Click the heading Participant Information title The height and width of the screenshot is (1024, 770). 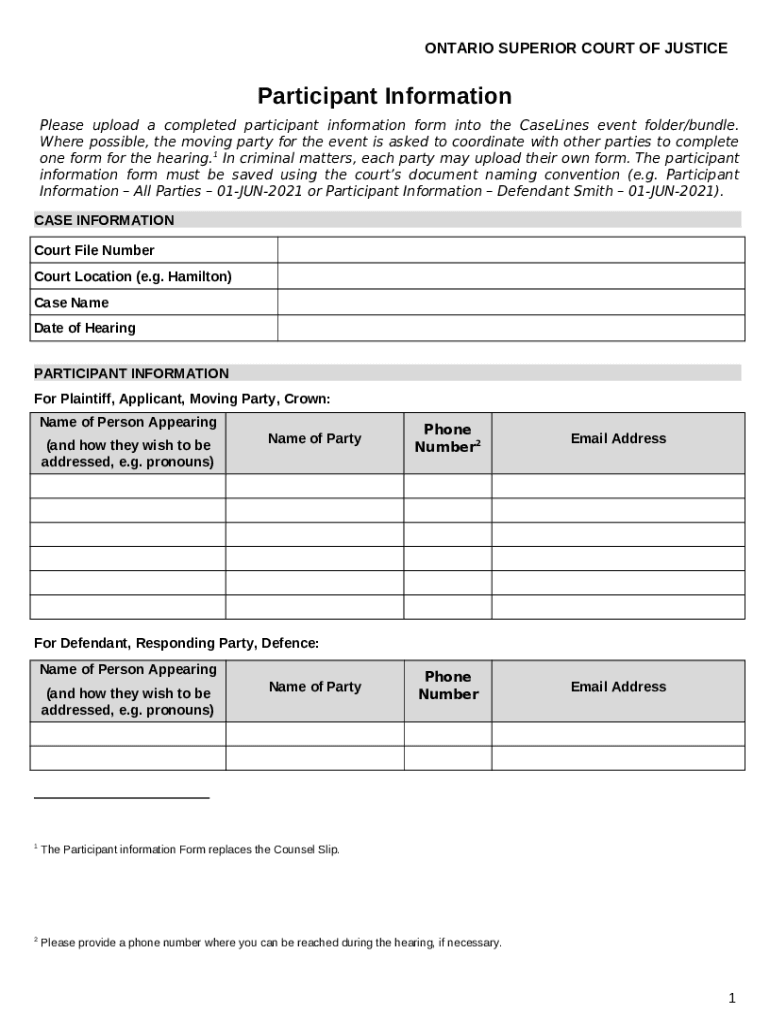384,96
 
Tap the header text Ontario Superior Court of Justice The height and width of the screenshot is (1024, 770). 576,48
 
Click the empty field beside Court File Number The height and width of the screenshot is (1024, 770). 510,250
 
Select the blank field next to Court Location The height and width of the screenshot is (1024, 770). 510,276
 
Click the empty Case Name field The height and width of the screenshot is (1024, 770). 510,302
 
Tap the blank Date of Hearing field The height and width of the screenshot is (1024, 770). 510,328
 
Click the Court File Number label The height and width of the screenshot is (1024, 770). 94,250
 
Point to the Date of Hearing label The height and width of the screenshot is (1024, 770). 85,328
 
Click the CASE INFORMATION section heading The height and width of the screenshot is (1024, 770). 104,220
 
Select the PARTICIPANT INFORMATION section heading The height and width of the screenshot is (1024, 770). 131,373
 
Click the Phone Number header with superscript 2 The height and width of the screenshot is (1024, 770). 447,438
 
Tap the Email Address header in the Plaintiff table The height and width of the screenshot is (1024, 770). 618,438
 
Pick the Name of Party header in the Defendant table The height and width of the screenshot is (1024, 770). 315,686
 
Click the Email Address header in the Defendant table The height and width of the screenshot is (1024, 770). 618,686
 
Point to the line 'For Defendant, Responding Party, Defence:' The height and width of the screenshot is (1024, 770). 177,643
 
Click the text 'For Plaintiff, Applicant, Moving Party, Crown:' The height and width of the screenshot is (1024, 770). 182,399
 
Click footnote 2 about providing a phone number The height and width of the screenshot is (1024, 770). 270,942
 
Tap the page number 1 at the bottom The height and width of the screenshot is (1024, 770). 732,998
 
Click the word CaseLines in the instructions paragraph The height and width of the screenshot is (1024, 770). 555,125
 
